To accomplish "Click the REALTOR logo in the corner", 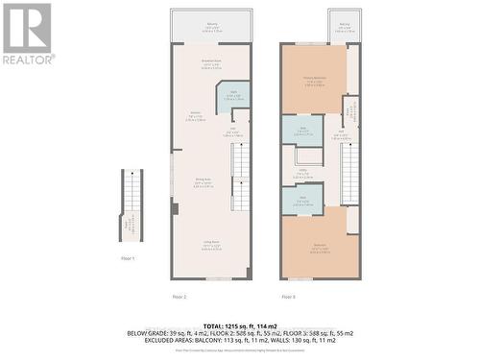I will tap(27, 33).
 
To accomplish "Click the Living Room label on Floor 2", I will tap(210, 247).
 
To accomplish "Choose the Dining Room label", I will tap(204, 182).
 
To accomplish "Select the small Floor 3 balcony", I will tap(344, 28).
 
